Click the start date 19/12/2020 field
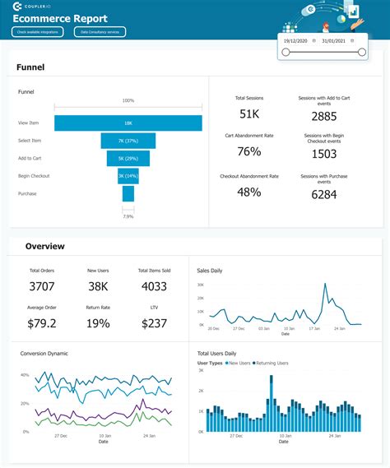(x=295, y=39)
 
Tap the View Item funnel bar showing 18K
(x=128, y=123)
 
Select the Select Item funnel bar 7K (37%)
(x=128, y=141)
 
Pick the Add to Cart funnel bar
(x=128, y=158)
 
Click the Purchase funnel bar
(x=128, y=193)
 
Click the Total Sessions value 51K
(x=250, y=114)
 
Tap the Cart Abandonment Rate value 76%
(x=249, y=152)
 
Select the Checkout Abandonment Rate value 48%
(x=249, y=192)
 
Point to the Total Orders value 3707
(x=41, y=286)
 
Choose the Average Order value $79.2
(x=41, y=323)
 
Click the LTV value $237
(x=153, y=323)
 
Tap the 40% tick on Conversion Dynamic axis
(x=25, y=374)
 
